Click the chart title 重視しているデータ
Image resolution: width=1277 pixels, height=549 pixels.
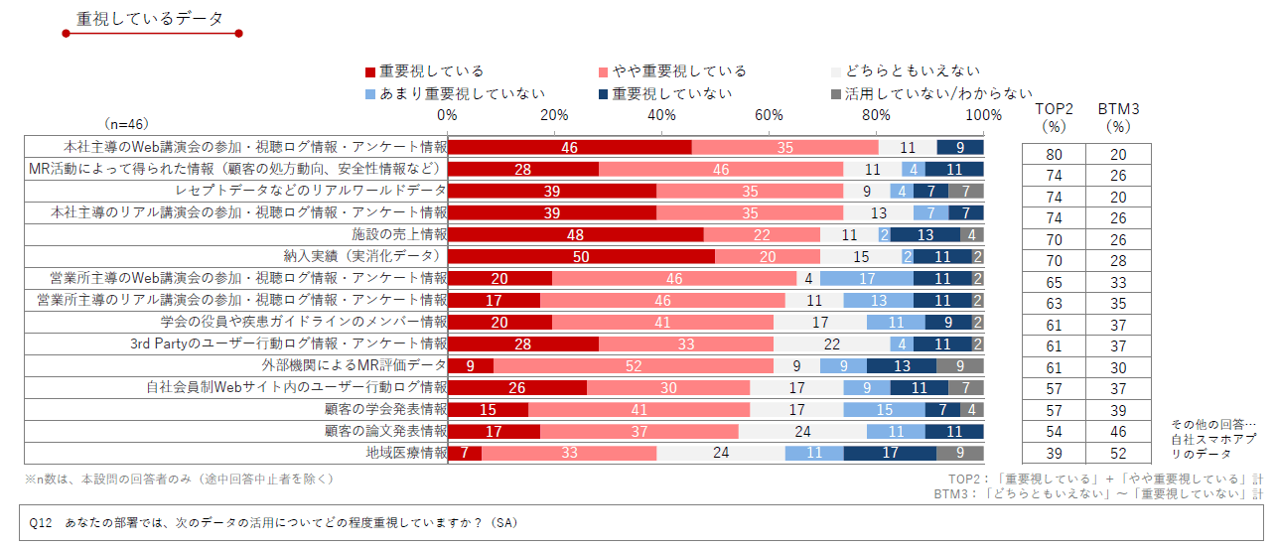pyautogui.click(x=149, y=19)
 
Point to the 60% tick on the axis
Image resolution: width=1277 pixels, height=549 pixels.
pyautogui.click(x=769, y=115)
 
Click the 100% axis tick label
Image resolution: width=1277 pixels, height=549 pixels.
pyautogui.click(x=983, y=115)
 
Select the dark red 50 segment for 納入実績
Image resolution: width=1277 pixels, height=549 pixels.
pyautogui.click(x=581, y=256)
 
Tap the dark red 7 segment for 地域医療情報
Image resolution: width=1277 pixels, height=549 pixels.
pyautogui.click(x=465, y=453)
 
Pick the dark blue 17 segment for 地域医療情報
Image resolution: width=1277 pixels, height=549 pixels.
pyautogui.click(x=890, y=453)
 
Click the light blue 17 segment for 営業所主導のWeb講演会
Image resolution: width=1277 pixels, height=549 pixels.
pyautogui.click(x=867, y=278)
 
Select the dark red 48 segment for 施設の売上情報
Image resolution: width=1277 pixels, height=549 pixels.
pyautogui.click(x=576, y=234)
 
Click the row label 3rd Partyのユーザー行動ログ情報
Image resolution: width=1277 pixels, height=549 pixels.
pyautogui.click(x=289, y=343)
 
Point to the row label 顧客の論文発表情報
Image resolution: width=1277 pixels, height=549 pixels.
pyautogui.click(x=385, y=431)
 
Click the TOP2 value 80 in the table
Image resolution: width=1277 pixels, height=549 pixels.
pyautogui.click(x=1054, y=154)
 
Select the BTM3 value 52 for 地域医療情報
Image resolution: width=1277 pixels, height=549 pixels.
pyautogui.click(x=1118, y=453)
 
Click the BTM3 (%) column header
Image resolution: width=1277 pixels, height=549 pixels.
pyautogui.click(x=1118, y=117)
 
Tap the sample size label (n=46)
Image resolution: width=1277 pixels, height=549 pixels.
pyautogui.click(x=126, y=124)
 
